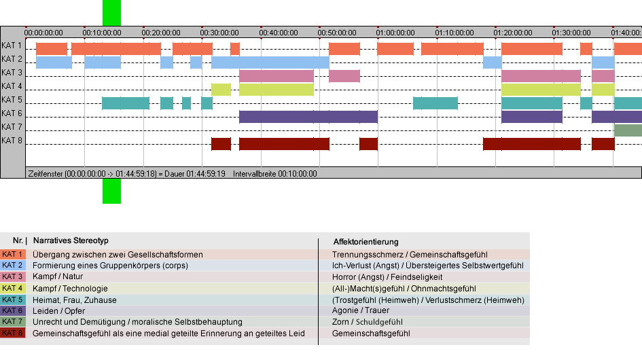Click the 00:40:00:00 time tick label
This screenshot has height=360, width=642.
pyautogui.click(x=279, y=33)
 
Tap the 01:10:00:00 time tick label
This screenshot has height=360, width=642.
pyautogui.click(x=454, y=33)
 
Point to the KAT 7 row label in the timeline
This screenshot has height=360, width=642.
pyautogui.click(x=12, y=127)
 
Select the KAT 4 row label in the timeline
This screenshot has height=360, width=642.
pyautogui.click(x=12, y=86)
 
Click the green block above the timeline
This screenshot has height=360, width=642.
pyautogui.click(x=111, y=13)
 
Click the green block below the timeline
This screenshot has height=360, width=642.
pyautogui.click(x=111, y=191)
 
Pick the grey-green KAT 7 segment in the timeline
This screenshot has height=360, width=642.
pyautogui.click(x=628, y=130)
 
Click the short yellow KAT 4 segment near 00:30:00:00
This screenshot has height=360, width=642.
pyautogui.click(x=221, y=90)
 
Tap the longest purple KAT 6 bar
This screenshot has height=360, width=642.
pyautogui.click(x=308, y=117)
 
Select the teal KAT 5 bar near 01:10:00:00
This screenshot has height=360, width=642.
pyautogui.click(x=435, y=103)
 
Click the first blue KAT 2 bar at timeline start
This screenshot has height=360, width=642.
pyautogui.click(x=54, y=62)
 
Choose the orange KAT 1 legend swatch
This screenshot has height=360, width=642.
pyautogui.click(x=13, y=254)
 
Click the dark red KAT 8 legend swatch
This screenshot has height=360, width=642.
pyautogui.click(x=13, y=333)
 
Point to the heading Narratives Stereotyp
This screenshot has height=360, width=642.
pyautogui.click(x=71, y=240)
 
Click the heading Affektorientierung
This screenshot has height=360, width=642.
pyautogui.click(x=365, y=242)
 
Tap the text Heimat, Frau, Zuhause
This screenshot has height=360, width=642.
pyautogui.click(x=75, y=300)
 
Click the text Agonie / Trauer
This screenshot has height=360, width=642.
pyautogui.click(x=361, y=310)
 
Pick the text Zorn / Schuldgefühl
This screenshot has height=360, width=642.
pyautogui.click(x=368, y=322)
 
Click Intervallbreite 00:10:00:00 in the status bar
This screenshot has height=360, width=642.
pyautogui.click(x=275, y=174)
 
